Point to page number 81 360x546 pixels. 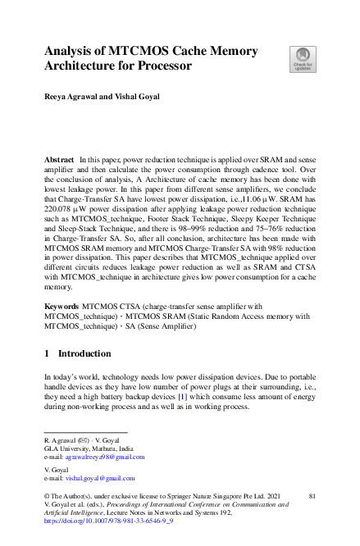tap(312, 497)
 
